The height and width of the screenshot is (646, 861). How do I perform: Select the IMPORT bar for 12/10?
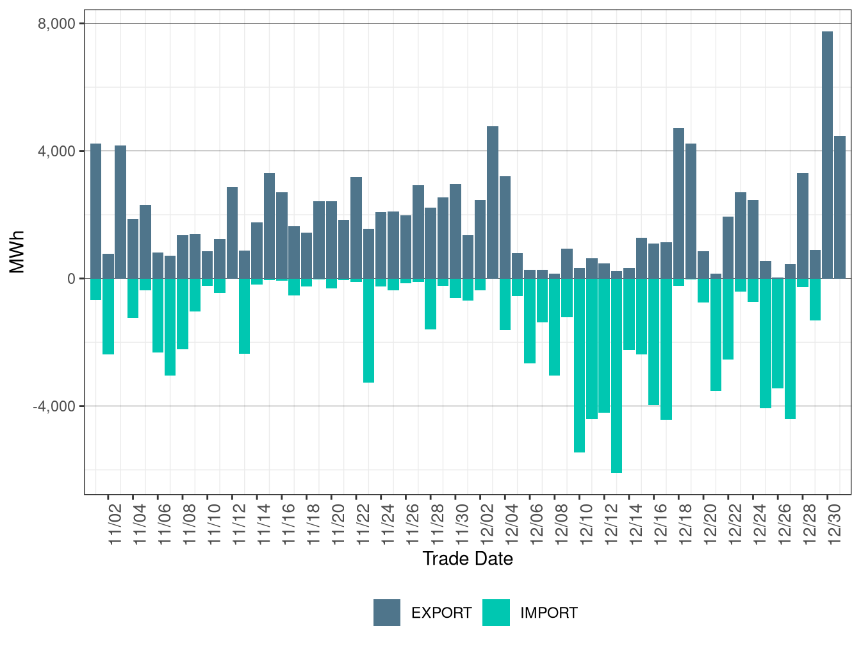579,365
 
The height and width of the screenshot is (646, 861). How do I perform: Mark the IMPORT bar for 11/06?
158,315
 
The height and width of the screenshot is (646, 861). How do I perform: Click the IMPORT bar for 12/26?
778,333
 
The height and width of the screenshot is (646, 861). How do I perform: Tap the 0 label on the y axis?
71,279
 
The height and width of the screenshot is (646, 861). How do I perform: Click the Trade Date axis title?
468,559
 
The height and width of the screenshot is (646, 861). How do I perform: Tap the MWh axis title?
17,252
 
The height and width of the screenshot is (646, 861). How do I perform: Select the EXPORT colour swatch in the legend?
387,613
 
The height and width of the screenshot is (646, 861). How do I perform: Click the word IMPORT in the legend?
548,613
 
